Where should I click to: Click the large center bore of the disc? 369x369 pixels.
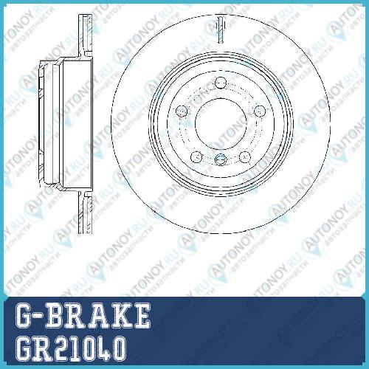click(x=221, y=123)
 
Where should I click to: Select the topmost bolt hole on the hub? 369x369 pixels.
click(x=221, y=83)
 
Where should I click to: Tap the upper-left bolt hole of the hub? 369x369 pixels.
click(x=182, y=111)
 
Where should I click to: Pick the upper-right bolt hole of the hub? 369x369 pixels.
click(x=259, y=111)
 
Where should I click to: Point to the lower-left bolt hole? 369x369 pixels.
click(x=196, y=157)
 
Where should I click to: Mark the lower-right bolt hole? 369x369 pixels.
click(x=245, y=157)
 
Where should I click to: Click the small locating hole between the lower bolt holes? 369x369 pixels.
click(x=221, y=159)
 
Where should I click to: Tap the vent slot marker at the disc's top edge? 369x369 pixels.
click(x=221, y=30)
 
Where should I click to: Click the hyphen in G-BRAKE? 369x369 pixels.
click(x=38, y=317)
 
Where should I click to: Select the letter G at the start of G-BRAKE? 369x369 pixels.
click(x=24, y=316)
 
